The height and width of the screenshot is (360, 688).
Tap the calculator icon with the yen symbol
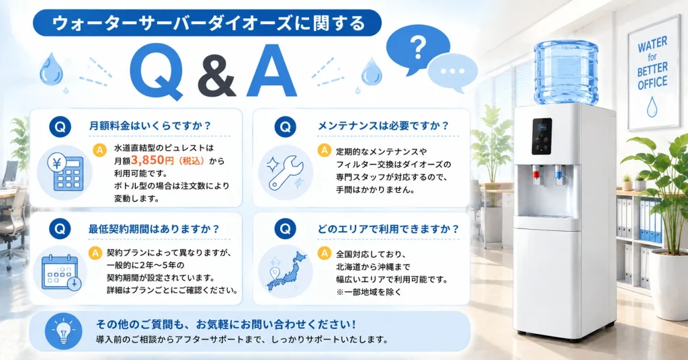65,172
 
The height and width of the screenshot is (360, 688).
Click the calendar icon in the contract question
61,272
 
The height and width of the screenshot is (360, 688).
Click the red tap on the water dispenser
536,173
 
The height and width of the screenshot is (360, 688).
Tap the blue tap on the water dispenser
558,173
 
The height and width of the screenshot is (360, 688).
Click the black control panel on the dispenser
542,136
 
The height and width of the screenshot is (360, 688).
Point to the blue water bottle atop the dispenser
566,73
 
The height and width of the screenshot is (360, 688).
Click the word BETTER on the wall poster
652,69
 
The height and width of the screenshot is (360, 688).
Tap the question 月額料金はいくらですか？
150,126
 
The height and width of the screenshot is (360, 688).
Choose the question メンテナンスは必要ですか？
384,126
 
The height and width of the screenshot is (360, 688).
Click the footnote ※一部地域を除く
369,292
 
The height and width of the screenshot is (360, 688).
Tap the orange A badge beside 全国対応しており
325,253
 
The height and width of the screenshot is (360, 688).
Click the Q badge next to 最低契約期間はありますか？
60,228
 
